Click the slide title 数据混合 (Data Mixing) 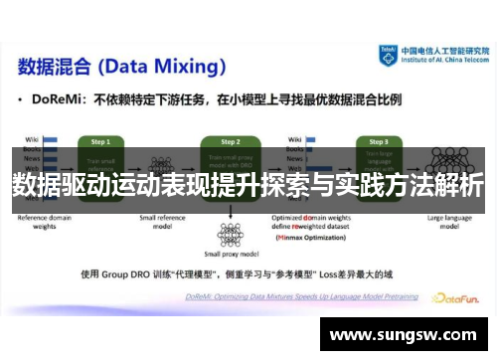pos(119,67)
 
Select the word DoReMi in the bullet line pos(59,100)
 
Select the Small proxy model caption pos(231,256)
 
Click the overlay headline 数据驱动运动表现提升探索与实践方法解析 pos(248,185)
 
